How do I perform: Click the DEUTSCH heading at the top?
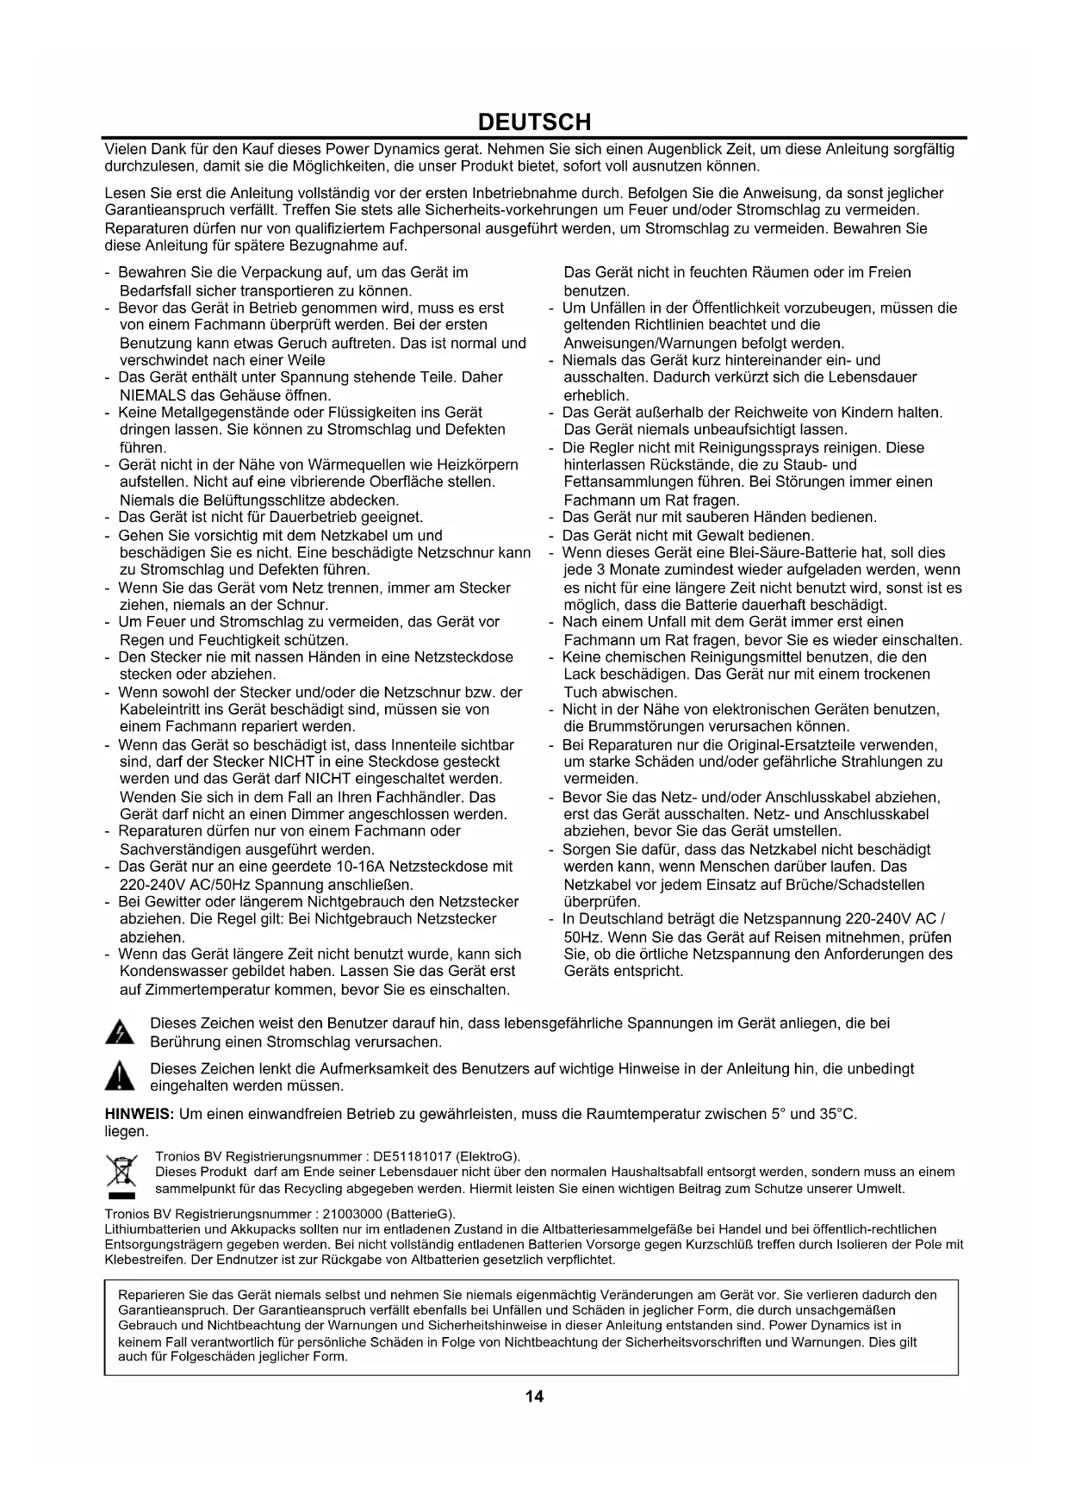pyautogui.click(x=534, y=121)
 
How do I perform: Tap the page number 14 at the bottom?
pyautogui.click(x=534, y=1396)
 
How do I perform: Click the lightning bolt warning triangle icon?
pyautogui.click(x=119, y=1033)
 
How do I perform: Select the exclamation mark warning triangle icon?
pyautogui.click(x=120, y=1078)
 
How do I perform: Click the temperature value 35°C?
pyautogui.click(x=837, y=1114)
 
